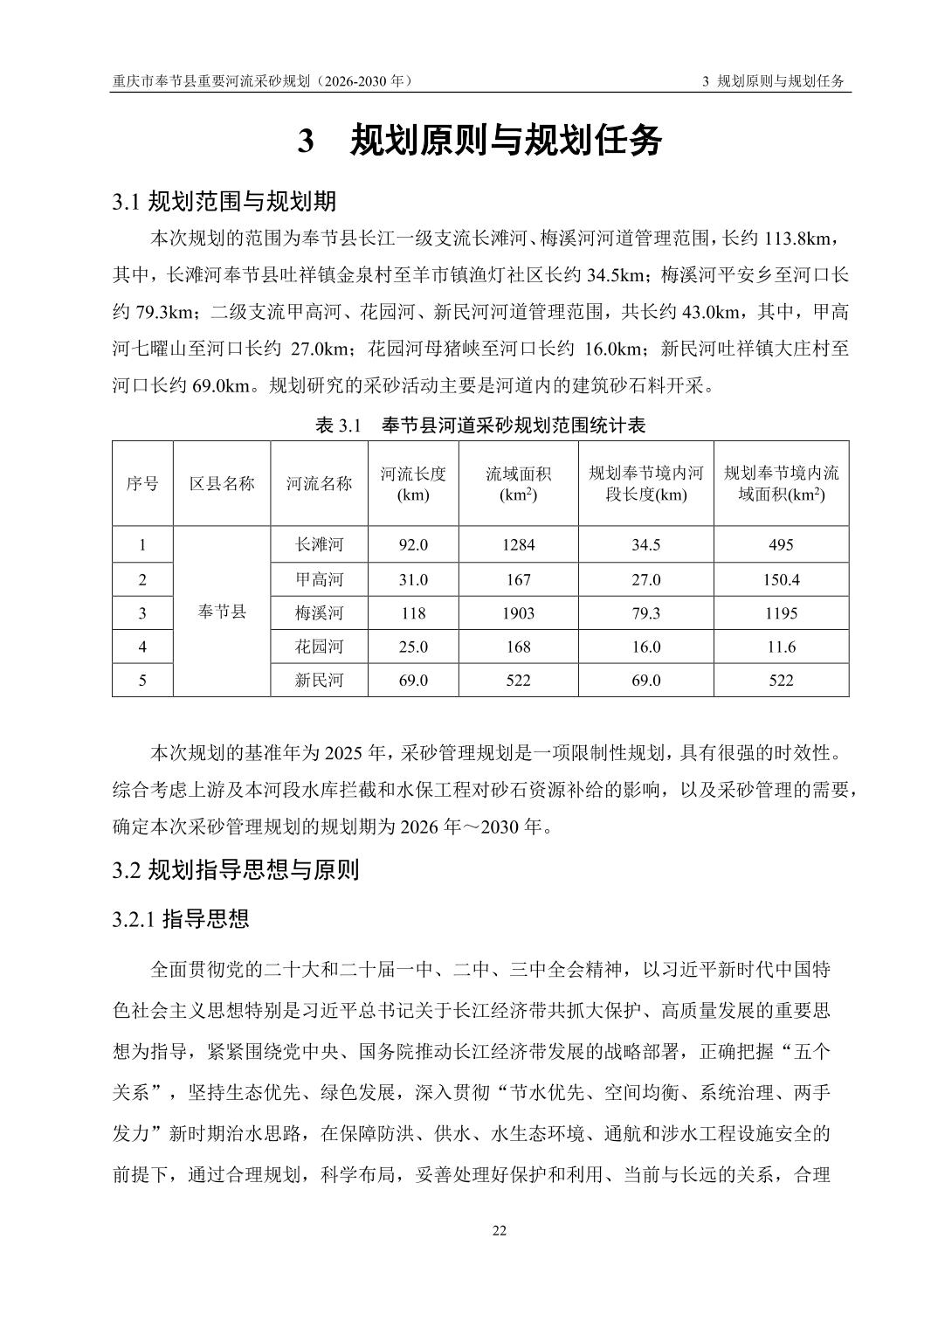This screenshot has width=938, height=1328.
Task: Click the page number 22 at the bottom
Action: pyautogui.click(x=500, y=1231)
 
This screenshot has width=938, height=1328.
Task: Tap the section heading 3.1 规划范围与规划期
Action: pyautogui.click(x=224, y=202)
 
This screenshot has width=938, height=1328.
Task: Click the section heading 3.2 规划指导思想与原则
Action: pyautogui.click(x=236, y=870)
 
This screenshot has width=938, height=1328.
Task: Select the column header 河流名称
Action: pyautogui.click(x=320, y=483)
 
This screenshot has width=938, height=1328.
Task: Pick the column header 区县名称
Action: pyautogui.click(x=222, y=483)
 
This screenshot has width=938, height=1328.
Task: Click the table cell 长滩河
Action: pyautogui.click(x=320, y=545)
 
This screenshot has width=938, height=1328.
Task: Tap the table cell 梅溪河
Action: pyautogui.click(x=320, y=613)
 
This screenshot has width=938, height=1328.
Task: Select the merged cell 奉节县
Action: pyautogui.click(x=222, y=612)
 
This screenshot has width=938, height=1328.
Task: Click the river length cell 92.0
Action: pyautogui.click(x=413, y=545)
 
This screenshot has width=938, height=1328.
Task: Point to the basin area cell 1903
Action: pyautogui.click(x=518, y=613)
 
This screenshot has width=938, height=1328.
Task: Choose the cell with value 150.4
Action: pyautogui.click(x=781, y=580)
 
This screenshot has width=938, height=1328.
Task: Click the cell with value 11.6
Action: pyautogui.click(x=781, y=647)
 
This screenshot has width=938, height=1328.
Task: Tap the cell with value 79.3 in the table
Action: pyautogui.click(x=645, y=613)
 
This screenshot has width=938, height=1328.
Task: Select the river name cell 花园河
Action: pyautogui.click(x=320, y=647)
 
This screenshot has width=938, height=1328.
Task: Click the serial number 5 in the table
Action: pyautogui.click(x=142, y=681)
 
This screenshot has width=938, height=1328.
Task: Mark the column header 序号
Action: pyautogui.click(x=142, y=483)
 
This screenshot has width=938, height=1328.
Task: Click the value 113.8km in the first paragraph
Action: pyautogui.click(x=802, y=239)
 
